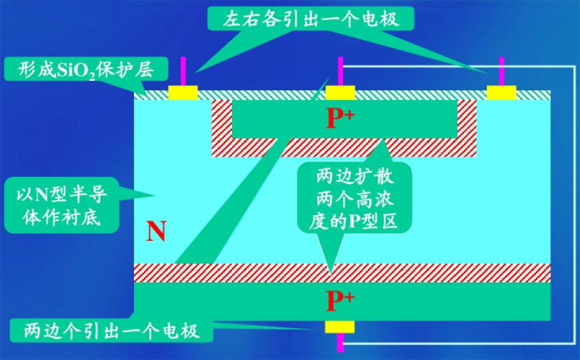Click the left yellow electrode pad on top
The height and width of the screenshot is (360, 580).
click(183, 93)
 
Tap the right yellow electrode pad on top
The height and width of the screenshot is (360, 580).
click(500, 93)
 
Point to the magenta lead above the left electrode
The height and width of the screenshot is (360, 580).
click(183, 72)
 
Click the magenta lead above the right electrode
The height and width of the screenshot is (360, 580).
click(500, 72)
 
